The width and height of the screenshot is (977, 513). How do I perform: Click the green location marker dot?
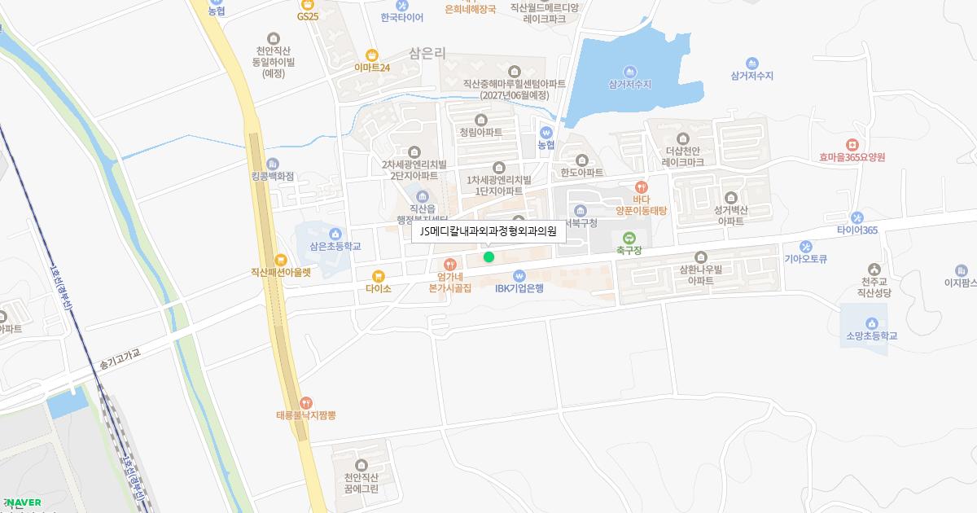[x=488, y=257]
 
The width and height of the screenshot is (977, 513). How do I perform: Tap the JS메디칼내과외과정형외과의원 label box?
[x=488, y=231]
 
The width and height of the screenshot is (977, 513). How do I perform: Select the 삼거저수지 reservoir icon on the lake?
[x=629, y=71]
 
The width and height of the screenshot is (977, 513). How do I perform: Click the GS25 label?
[x=308, y=16]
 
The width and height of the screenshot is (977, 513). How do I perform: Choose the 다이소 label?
[x=379, y=288]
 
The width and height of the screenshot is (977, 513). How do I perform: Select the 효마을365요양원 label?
[x=852, y=157]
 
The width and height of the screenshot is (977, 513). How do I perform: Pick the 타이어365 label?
[x=857, y=230]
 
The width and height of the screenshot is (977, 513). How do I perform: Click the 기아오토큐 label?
[x=805, y=259]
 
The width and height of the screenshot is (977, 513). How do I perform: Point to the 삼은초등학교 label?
[x=335, y=246]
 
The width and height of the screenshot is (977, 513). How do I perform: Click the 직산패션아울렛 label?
[x=281, y=273]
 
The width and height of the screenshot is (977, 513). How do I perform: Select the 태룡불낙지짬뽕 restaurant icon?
[x=305, y=402]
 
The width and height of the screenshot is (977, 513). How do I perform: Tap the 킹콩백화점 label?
[x=272, y=176]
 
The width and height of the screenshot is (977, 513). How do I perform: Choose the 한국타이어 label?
[x=401, y=17]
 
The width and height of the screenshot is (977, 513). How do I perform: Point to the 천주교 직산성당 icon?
[x=874, y=269]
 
